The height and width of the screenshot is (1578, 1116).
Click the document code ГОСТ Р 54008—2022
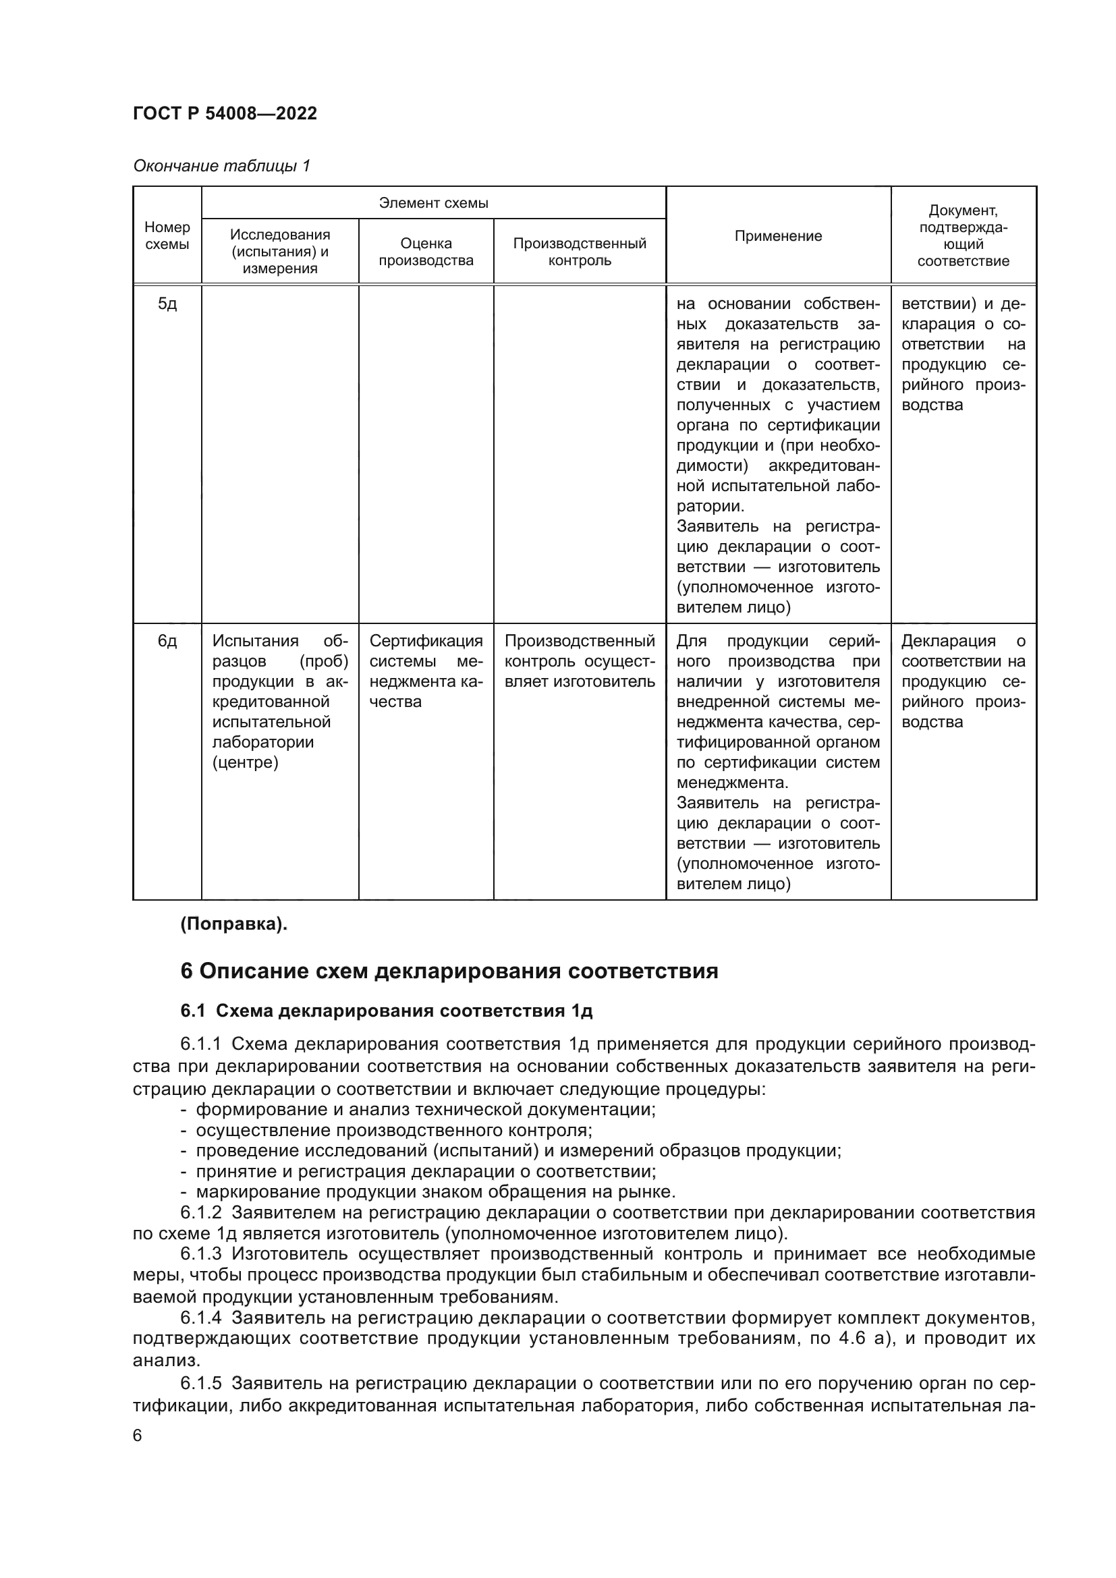[x=225, y=113]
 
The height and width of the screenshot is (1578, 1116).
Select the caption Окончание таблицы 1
[x=221, y=166]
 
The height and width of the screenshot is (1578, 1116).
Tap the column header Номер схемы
[x=167, y=235]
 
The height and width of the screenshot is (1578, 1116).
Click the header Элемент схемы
[x=433, y=203]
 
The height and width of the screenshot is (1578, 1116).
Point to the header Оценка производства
[x=426, y=252]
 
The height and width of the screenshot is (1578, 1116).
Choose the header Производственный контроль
[x=580, y=252]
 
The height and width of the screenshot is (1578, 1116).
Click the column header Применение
[x=778, y=235]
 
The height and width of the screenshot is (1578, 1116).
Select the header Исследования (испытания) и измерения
[x=280, y=252]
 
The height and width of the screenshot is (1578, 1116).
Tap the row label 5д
[x=167, y=304]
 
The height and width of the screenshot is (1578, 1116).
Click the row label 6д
[x=167, y=641]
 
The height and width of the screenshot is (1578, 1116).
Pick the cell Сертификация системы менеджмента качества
[x=426, y=671]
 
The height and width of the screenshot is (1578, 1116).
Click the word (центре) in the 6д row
[x=246, y=762]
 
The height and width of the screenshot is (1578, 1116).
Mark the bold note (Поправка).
[x=233, y=924]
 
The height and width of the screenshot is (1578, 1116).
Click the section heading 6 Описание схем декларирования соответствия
[x=449, y=971]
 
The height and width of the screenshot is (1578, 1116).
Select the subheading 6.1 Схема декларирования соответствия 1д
[x=386, y=1011]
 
